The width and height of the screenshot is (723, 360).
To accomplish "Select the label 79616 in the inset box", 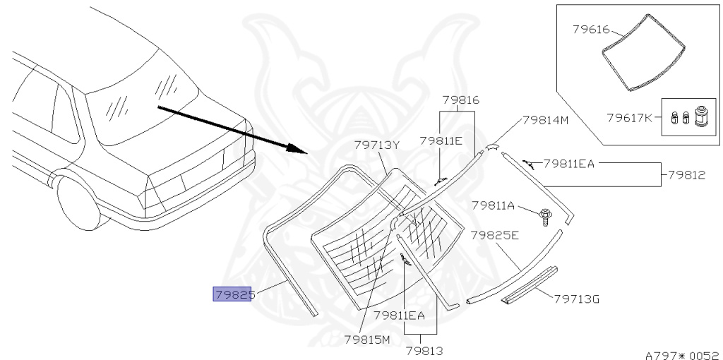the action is click(x=591, y=30).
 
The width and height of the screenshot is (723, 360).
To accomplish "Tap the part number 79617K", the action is click(x=629, y=118).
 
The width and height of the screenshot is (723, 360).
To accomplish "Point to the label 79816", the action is click(x=460, y=100).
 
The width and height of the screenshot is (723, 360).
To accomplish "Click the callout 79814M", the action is click(x=546, y=120).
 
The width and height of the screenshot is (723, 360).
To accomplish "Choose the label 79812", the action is click(x=686, y=175).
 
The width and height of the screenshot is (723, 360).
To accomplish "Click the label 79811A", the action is click(x=493, y=205).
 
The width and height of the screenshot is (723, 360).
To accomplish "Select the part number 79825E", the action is click(x=495, y=236).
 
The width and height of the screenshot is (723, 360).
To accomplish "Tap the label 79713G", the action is click(x=576, y=299).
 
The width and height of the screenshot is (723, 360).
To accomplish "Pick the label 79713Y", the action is click(x=376, y=145).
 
